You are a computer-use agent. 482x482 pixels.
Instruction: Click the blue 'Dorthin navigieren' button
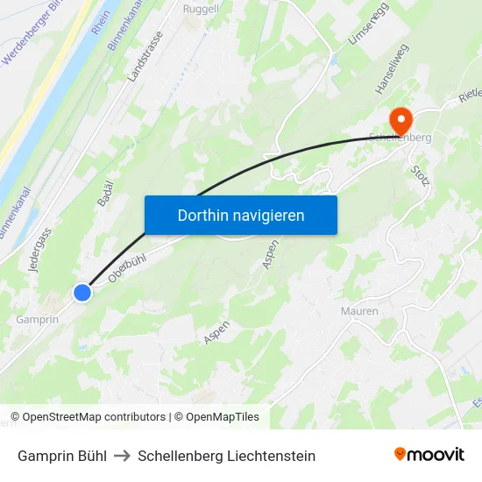coord(241,215)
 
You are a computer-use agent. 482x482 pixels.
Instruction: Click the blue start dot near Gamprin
coord(82,293)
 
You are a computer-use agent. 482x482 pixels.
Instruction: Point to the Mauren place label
coord(359,311)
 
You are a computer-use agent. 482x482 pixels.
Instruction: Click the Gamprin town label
coord(38,319)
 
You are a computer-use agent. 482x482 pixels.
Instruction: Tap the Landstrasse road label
coord(145,58)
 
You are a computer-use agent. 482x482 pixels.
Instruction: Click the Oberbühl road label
coord(127,266)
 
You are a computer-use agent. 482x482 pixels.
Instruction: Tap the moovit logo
coord(429,454)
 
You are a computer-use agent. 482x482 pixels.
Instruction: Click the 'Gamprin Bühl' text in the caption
coord(62,456)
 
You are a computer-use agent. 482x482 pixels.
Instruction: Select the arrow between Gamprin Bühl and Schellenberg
coord(122,456)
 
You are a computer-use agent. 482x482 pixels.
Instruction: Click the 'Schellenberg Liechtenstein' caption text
coord(226,456)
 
